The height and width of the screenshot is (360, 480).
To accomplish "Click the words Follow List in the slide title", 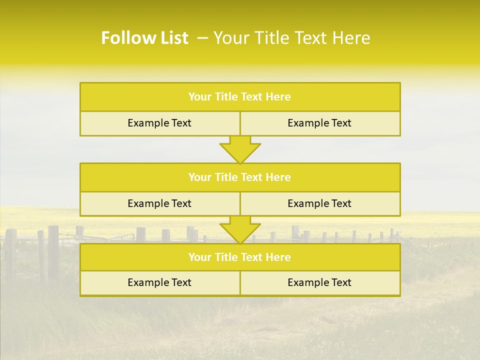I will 144,38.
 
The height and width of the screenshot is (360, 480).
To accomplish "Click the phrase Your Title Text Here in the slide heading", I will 292,38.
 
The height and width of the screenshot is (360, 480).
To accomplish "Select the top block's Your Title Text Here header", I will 239,97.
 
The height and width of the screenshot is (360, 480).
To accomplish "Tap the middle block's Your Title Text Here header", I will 239,177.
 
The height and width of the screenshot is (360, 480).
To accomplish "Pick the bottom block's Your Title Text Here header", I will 239,257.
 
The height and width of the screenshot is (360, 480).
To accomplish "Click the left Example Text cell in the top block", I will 159,123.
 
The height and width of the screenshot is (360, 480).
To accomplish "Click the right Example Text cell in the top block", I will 319,123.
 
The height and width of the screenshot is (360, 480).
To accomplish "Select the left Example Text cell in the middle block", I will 159,203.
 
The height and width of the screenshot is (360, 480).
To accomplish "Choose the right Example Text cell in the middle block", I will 319,203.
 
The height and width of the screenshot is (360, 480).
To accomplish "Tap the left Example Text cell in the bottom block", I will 159,282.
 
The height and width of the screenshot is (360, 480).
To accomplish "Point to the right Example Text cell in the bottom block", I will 319,282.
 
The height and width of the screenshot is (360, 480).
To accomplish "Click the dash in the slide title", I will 202,38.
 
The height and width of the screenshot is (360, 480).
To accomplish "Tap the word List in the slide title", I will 171,38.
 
